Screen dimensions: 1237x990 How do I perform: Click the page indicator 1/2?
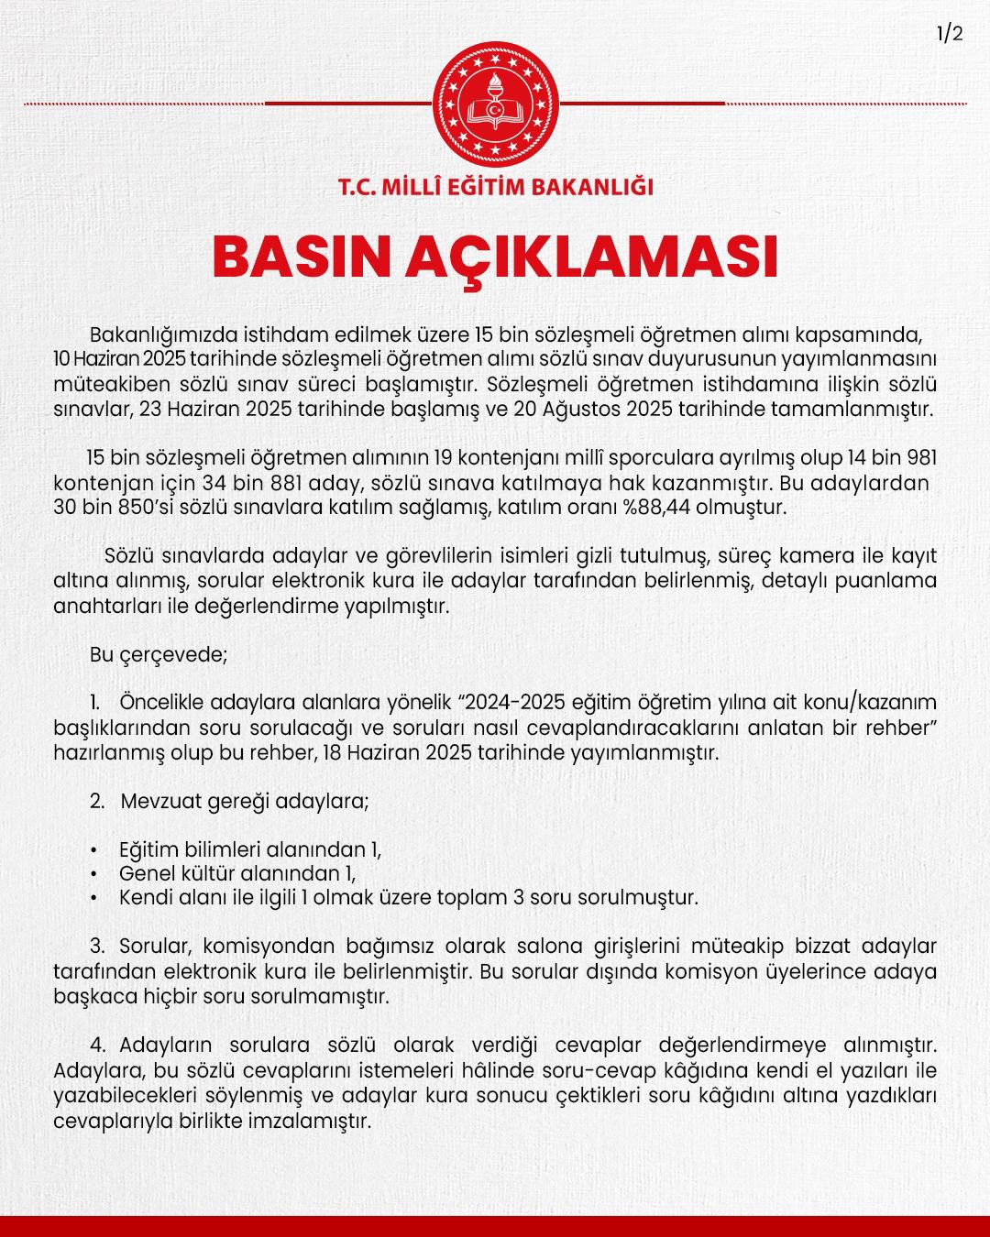(x=950, y=34)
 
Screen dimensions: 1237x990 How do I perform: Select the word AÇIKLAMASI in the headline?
(x=592, y=258)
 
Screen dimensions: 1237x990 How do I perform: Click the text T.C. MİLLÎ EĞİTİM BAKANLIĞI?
(x=496, y=187)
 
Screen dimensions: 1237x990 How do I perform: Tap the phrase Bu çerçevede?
(x=158, y=654)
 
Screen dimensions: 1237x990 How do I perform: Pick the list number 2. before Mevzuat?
(x=97, y=801)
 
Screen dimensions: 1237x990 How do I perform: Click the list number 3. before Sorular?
(x=98, y=946)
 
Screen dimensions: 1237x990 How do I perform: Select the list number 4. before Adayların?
(x=98, y=1045)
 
